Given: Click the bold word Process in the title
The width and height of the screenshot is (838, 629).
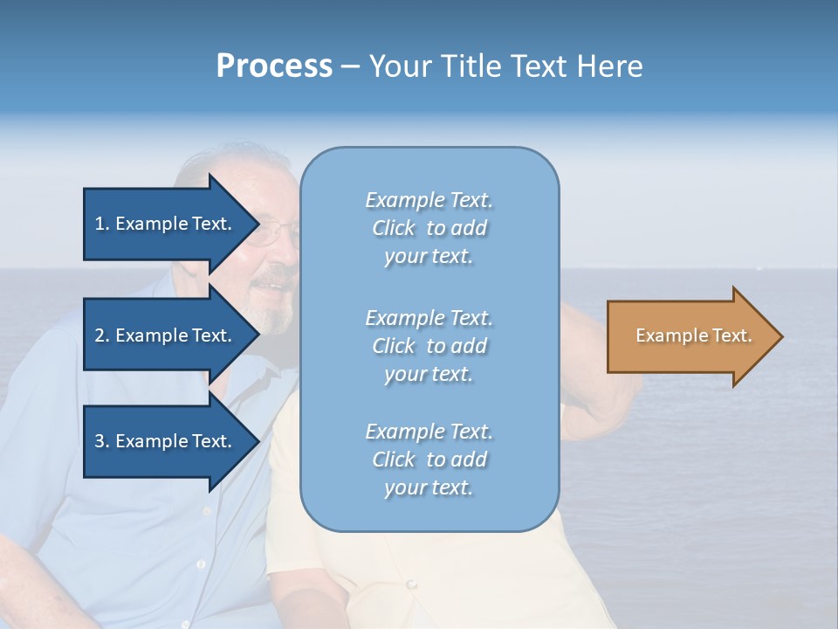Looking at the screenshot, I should pos(274,66).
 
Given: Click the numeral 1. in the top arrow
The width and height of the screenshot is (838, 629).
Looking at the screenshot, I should pos(102,224).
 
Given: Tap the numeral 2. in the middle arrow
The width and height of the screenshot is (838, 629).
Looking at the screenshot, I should pos(102,335).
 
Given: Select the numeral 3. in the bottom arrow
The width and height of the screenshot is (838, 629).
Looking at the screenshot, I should pos(102,441).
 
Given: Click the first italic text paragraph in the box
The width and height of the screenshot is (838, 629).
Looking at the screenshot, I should pos(429,228).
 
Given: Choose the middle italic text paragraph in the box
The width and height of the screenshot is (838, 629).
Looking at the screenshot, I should pos(429,346).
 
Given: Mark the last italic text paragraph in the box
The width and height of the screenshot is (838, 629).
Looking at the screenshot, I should pos(429,460).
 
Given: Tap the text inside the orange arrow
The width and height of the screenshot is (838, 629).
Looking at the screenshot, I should pos(693,335).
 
